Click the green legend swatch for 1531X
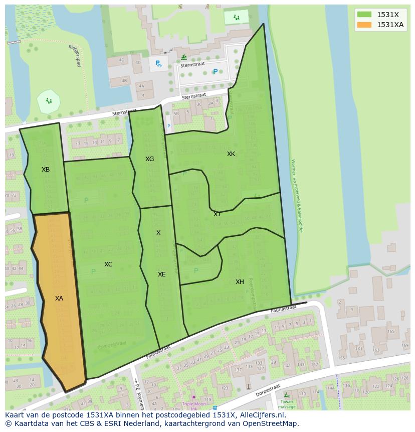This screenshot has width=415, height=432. tap(364, 15)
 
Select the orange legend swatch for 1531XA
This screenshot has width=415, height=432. tap(364, 25)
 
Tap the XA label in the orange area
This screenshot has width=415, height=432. tap(59, 299)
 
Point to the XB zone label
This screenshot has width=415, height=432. tap(46, 170)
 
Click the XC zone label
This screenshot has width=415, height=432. tap(108, 264)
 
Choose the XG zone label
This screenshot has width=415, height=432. tap(149, 159)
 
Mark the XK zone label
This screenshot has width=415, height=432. tap(231, 154)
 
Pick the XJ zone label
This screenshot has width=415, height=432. tap(217, 214)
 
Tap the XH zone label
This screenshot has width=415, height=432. tap(240, 282)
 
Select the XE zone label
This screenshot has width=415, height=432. tap(161, 274)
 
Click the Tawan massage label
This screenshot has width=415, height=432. tap(287, 404)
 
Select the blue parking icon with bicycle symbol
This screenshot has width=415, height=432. tap(158, 63)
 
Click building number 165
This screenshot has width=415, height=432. tap(390, 332)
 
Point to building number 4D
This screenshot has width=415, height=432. tap(121, 60)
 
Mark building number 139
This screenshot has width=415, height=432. tap(273, 362)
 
